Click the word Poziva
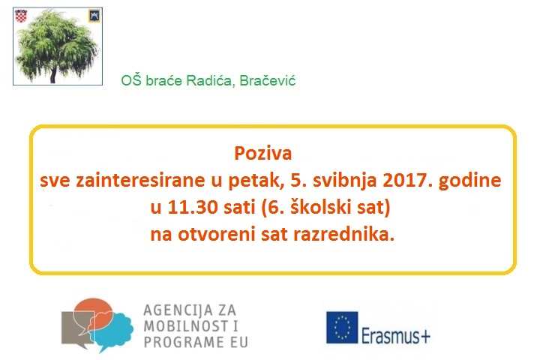point(263,153)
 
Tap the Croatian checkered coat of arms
point(21,16)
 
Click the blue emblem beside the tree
point(94,16)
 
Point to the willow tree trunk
point(52,75)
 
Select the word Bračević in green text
point(268,81)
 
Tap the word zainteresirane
point(140,180)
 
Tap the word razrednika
point(343,234)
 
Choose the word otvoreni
point(216,235)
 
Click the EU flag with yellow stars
point(342,327)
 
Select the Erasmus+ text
point(396,336)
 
